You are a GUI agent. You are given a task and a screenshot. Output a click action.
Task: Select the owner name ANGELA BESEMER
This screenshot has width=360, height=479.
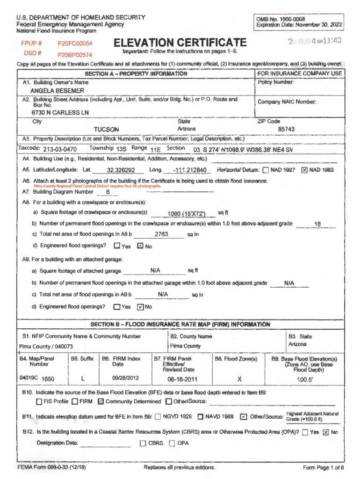coord(57,91)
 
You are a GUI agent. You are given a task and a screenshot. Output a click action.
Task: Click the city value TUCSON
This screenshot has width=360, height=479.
coord(107,130)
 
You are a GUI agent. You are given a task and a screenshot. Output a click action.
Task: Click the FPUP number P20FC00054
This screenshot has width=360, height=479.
coord(75,44)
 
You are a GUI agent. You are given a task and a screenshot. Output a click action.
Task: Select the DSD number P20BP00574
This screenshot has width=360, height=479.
coord(75,54)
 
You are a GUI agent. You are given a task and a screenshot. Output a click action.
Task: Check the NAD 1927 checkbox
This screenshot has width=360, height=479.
coord(266,170)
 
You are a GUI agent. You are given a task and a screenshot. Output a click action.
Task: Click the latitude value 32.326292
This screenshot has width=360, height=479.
coord(121,170)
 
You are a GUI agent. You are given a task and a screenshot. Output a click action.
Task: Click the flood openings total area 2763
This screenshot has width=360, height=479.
coord(161,234)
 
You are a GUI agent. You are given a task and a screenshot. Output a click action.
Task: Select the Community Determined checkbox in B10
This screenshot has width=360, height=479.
coord(101,402)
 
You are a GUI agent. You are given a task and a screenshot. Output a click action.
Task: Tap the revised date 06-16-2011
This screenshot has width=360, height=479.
coord(182,379)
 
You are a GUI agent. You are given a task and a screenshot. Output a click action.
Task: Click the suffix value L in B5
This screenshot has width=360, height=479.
coord(83,378)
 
